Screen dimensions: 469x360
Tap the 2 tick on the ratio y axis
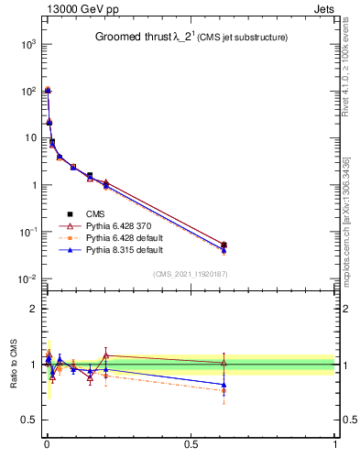click(x=31, y=309)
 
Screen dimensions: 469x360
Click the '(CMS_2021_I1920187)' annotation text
click(x=191, y=274)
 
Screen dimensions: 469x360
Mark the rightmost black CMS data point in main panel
click(x=224, y=245)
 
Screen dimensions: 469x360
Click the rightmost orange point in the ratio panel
click(x=224, y=390)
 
